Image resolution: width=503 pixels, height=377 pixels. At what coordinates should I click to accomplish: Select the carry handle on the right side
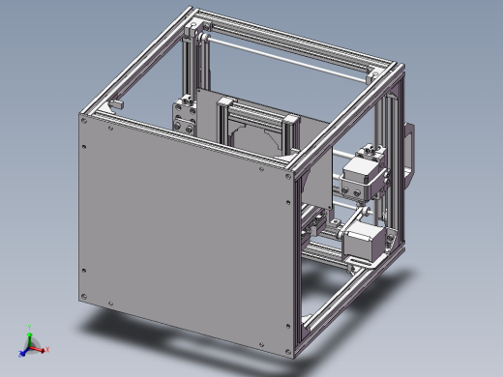click(410, 155)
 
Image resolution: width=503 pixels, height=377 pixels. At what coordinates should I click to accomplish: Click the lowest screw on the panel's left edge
click(83, 296)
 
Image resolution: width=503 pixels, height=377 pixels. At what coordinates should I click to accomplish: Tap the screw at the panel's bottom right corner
click(287, 346)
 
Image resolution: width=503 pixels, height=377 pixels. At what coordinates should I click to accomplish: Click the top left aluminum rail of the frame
click(135, 60)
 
